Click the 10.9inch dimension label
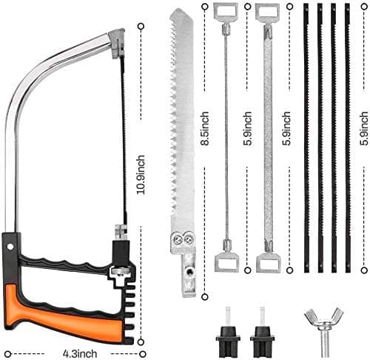click(141, 175)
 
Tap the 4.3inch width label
click(79, 353)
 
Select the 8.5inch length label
click(204, 128)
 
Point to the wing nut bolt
click(323, 328)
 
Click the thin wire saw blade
click(226, 137)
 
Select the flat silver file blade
click(268, 138)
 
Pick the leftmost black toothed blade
click(306, 138)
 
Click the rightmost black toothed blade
click(348, 138)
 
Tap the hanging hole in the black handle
click(10, 247)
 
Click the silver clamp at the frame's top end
click(117, 44)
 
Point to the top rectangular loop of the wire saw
click(226, 10)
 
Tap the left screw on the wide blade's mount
click(178, 239)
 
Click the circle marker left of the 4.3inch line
click(8, 354)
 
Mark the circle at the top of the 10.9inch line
click(141, 27)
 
